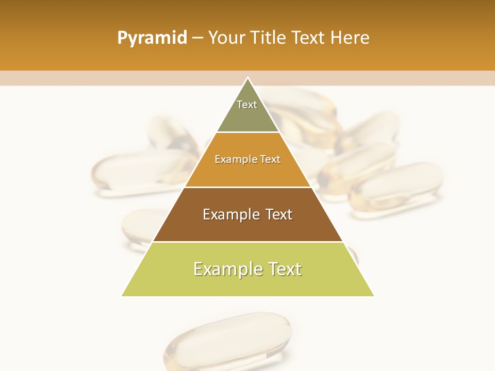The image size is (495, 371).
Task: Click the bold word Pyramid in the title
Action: pos(152,38)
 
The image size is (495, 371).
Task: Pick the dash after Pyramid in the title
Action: pos(197,38)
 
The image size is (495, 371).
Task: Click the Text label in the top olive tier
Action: pos(247,105)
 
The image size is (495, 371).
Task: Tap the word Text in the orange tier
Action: pos(271,159)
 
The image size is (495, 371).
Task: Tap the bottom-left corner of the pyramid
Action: pos(122,296)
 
